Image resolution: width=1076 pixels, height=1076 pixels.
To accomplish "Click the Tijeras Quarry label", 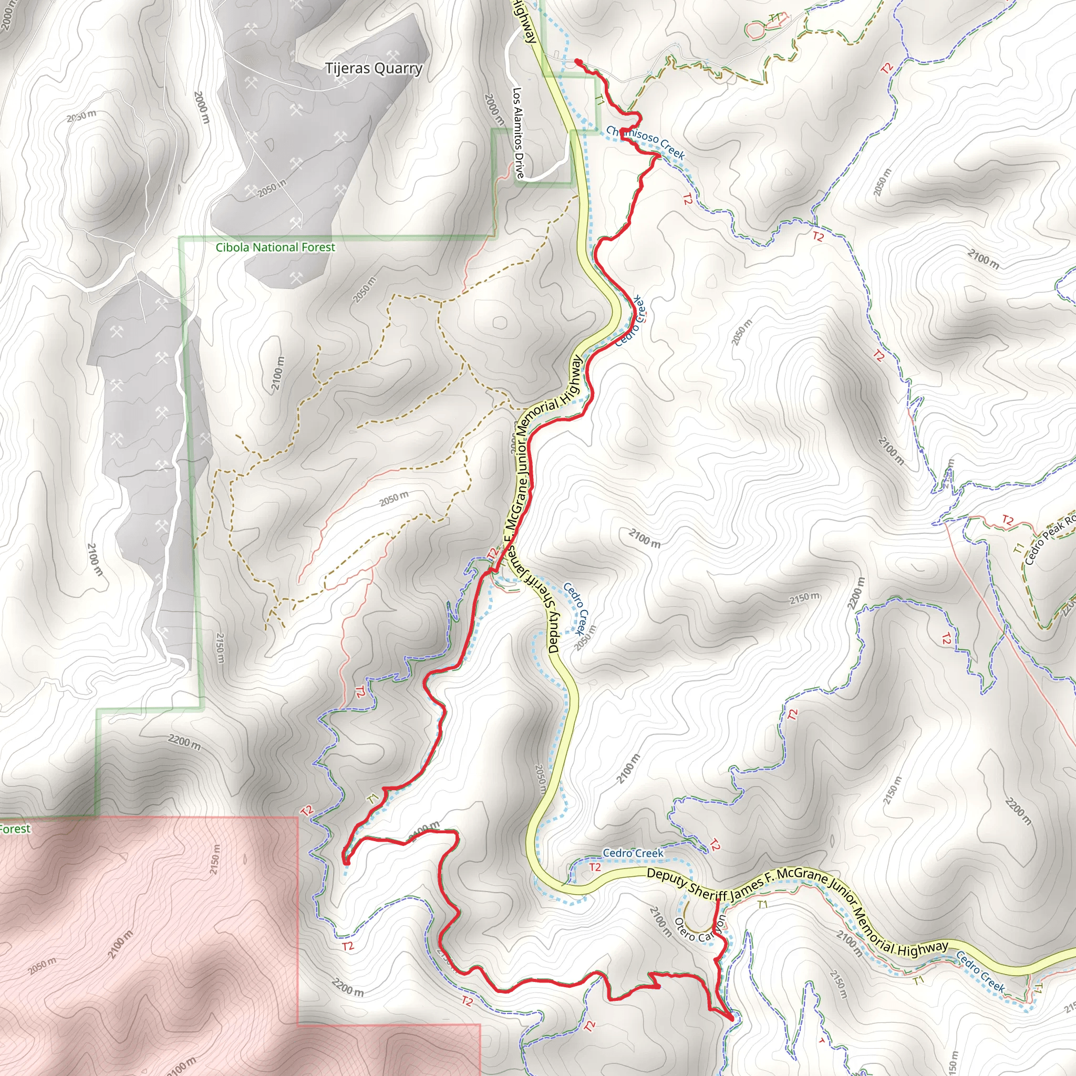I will tap(374, 69).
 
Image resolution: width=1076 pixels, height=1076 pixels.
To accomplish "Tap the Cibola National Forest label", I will tap(275, 247).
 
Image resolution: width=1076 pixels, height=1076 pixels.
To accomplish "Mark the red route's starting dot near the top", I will tap(578, 62).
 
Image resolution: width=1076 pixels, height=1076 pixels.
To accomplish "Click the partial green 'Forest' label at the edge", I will tap(15, 829).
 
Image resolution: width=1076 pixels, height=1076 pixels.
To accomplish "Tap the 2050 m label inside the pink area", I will tap(43, 965).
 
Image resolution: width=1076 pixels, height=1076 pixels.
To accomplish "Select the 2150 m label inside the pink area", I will tap(215, 860).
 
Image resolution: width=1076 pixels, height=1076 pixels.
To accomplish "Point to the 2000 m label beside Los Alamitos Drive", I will tap(492, 109).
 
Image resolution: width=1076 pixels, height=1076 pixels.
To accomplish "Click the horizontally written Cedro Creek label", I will tap(633, 853).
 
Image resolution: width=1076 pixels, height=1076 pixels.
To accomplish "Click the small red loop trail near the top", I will tap(756, 29).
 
